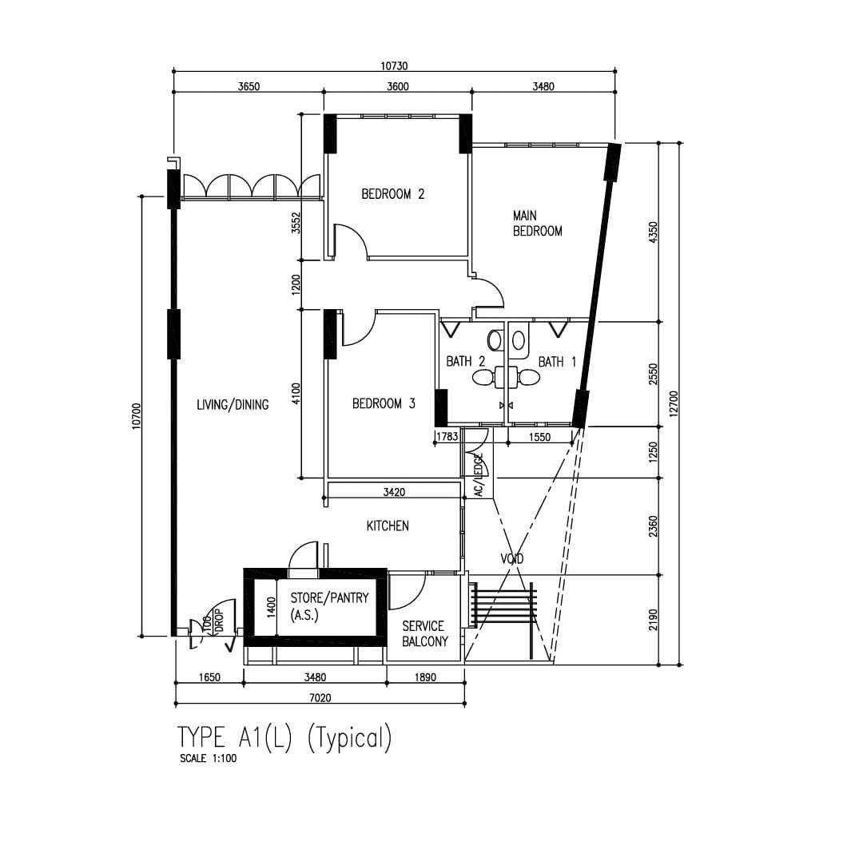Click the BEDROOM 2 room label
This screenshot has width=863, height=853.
[393, 194]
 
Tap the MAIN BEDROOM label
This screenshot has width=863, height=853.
[537, 224]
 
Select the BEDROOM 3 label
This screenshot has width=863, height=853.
[384, 403]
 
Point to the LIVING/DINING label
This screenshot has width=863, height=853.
[233, 405]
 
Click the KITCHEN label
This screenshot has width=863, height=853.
[388, 526]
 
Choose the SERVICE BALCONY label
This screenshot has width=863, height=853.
[425, 633]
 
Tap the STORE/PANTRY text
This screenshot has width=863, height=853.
[329, 597]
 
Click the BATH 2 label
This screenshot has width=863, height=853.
[466, 361]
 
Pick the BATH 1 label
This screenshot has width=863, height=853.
[557, 362]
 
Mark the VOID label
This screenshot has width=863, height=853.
[512, 559]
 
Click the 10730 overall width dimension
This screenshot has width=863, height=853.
[394, 66]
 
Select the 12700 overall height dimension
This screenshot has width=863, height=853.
[674, 404]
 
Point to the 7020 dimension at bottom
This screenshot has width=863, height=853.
[320, 698]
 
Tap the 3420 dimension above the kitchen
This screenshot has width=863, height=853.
[394, 492]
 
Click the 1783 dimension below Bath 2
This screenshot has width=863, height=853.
[447, 437]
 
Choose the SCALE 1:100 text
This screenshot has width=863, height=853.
[208, 759]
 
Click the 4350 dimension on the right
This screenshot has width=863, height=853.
[654, 232]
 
